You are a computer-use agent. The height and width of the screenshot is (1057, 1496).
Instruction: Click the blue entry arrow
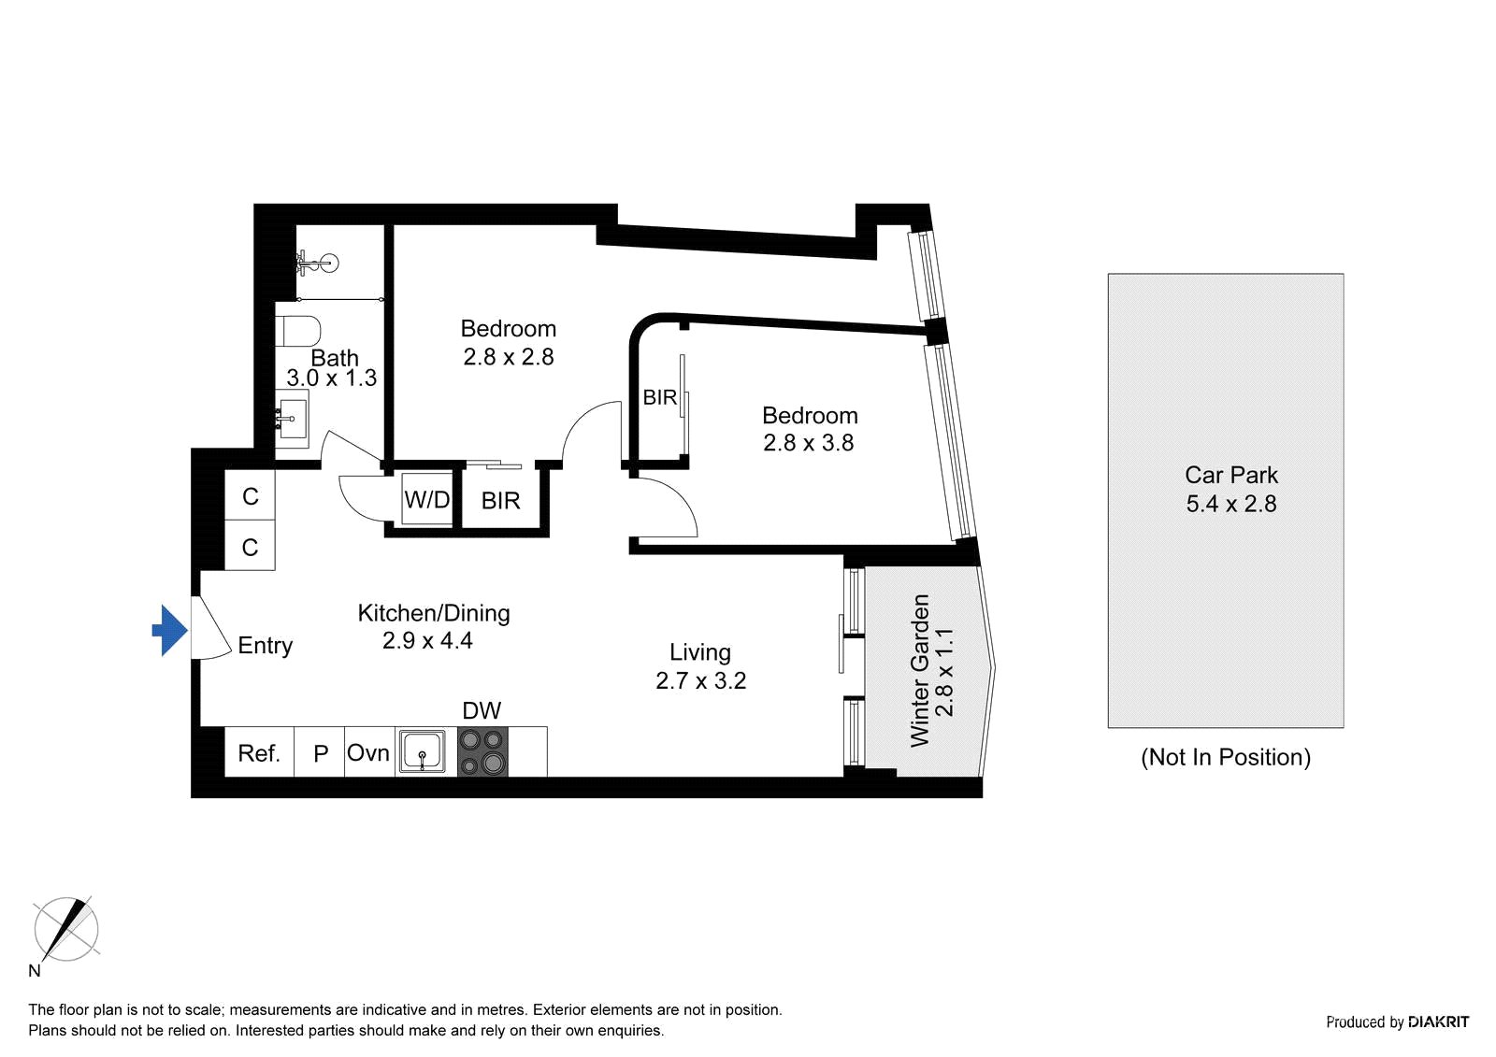pos(170,631)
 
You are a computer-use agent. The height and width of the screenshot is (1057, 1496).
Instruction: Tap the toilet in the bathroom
pos(298,331)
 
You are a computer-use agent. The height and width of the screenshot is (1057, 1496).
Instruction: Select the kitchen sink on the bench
pos(422,752)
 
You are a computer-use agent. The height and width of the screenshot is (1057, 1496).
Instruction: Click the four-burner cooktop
pos(482,752)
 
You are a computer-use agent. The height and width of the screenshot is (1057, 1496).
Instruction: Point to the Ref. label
pos(258,754)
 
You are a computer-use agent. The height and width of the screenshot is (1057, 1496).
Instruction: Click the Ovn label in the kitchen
pos(368,753)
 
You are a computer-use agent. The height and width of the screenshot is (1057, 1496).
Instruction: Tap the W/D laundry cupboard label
pos(426,499)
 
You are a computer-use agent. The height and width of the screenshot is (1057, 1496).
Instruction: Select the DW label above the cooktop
pos(482,711)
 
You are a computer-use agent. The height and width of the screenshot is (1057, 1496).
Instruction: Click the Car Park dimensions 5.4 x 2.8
pos(1230,504)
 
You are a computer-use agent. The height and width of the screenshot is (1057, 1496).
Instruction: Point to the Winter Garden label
pos(920,671)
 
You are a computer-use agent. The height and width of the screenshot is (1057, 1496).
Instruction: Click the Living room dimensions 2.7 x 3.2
pos(700,681)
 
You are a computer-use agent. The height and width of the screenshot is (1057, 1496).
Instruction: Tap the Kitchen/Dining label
pos(434,613)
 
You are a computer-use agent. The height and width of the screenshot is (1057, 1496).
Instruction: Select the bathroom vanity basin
pos(292,420)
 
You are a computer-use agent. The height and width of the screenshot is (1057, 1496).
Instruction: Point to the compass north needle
pos(66,930)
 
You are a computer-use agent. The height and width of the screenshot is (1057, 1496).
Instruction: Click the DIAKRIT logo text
pos(1438,1022)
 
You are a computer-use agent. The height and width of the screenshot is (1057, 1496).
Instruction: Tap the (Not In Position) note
pos(1226,758)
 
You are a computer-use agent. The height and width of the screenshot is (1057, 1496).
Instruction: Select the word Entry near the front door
pos(266,646)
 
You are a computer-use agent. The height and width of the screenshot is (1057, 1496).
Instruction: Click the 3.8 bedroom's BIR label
pos(660,398)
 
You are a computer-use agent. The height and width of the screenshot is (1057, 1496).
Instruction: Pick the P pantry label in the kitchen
pos(321,754)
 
